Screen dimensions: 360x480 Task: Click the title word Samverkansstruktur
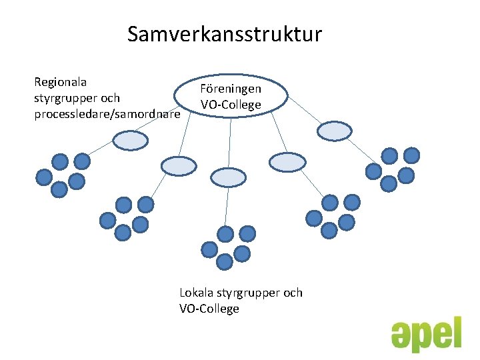coord(225,33)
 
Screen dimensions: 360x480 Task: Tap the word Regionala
coord(61,82)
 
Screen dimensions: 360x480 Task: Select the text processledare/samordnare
coord(107,115)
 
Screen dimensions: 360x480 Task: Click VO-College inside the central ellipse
coord(231,105)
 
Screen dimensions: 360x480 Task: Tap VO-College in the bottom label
coord(209,309)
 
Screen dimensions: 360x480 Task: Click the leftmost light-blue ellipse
coord(130,140)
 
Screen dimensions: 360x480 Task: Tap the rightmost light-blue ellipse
coord(334,131)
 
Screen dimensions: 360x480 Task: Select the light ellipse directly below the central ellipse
coord(228,176)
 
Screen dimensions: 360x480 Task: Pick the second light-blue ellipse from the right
coord(287,162)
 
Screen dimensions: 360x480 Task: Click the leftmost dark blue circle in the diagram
coord(44,177)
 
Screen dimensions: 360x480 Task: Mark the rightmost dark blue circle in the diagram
coord(412,156)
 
